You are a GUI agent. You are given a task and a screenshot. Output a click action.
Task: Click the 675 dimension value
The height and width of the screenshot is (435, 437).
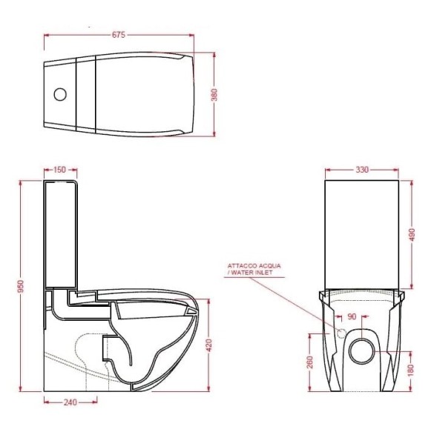click(x=119, y=35)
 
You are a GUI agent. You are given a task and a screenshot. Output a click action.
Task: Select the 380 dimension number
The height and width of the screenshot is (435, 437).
click(x=214, y=95)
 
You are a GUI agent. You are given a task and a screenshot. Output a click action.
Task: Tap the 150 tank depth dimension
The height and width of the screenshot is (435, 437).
click(x=59, y=170)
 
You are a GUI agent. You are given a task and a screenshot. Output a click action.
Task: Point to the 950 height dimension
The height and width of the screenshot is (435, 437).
click(x=21, y=286)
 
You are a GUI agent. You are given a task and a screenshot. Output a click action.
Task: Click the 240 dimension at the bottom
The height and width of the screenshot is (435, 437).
click(x=70, y=402)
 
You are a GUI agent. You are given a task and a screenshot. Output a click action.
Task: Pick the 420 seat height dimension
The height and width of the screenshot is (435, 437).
click(x=209, y=345)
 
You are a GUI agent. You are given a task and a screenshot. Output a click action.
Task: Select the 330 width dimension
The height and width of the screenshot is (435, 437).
click(x=362, y=170)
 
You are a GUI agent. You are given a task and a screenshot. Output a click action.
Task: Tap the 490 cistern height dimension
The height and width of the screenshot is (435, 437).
click(x=413, y=235)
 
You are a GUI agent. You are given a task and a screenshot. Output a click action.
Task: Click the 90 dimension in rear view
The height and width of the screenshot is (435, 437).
click(x=352, y=316)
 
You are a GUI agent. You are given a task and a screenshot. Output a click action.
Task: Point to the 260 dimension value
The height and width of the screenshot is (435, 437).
click(x=310, y=362)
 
